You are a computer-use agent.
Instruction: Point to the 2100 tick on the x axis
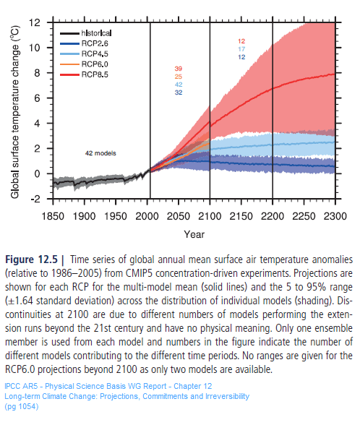point(210,215)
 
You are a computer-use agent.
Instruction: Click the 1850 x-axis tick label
point(52,215)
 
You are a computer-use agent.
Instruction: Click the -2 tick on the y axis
point(33,199)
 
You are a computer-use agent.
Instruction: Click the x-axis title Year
point(193,233)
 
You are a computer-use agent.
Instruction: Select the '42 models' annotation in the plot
point(100,153)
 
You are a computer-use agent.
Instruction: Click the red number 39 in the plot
point(178,69)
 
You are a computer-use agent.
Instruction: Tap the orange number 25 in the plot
point(178,77)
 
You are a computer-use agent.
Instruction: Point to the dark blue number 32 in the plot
point(178,93)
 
